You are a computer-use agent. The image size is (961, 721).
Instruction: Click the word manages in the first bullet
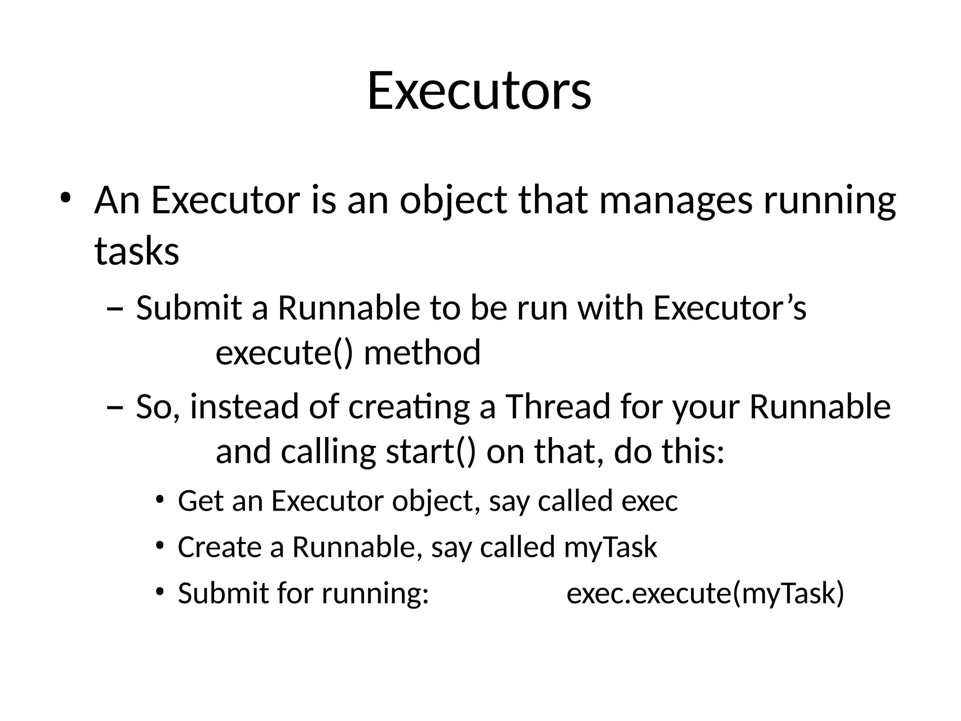click(676, 201)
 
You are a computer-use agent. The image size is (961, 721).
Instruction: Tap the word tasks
click(137, 251)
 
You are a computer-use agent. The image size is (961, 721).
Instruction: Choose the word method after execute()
click(422, 353)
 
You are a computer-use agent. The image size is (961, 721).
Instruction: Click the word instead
click(244, 407)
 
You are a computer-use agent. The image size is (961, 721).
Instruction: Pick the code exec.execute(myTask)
click(705, 593)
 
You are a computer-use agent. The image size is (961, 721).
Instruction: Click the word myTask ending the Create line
click(610, 548)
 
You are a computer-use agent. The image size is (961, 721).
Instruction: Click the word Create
click(220, 548)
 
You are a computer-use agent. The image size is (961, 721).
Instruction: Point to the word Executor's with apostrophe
click(730, 309)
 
